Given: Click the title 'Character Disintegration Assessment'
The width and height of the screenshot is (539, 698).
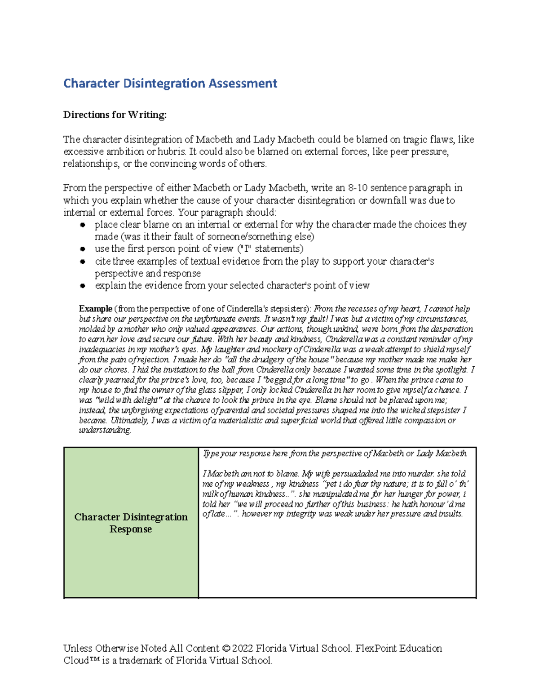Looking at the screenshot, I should (170, 84).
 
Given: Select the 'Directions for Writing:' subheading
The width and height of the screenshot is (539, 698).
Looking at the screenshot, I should (115, 115).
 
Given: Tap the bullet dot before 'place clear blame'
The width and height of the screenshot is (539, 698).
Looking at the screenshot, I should (82, 225).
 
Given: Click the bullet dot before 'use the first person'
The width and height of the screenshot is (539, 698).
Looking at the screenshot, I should (82, 249).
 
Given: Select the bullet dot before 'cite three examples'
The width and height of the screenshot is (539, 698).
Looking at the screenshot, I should (82, 262).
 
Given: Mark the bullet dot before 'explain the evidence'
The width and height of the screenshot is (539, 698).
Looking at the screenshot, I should (82, 286).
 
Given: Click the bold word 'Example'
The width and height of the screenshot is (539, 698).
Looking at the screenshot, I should (95, 309).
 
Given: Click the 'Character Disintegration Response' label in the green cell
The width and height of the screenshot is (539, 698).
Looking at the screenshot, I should (131, 523).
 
